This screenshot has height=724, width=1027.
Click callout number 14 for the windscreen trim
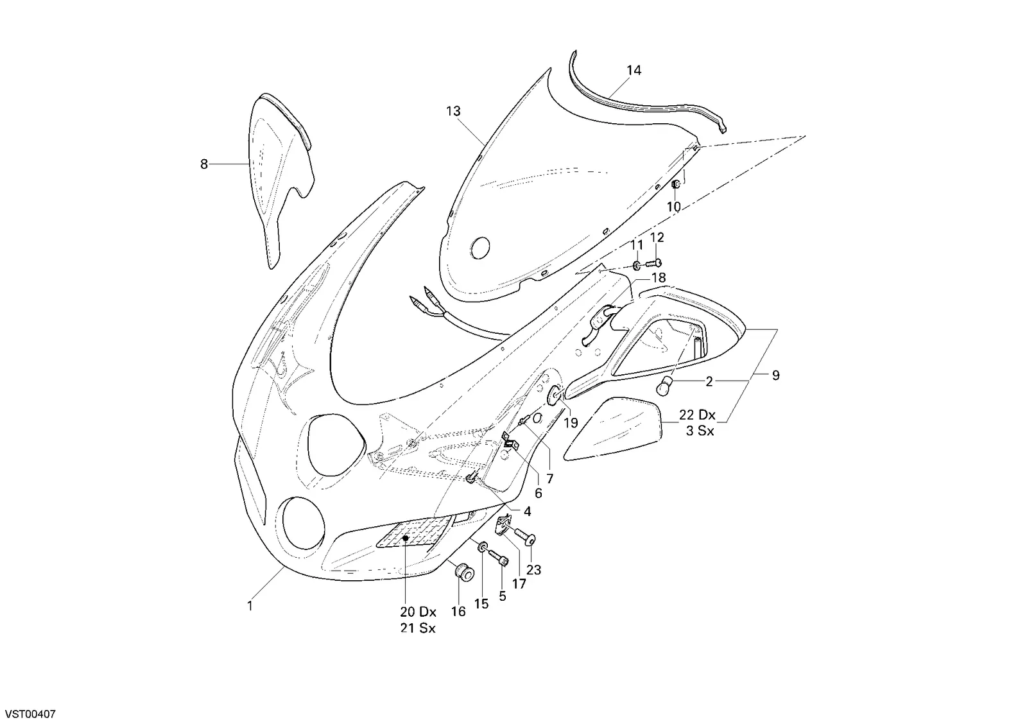click(x=634, y=71)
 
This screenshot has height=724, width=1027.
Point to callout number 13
click(x=453, y=112)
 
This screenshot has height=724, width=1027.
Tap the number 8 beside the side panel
click(x=204, y=164)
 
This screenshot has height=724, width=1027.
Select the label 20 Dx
click(x=418, y=612)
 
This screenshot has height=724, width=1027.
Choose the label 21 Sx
click(x=418, y=628)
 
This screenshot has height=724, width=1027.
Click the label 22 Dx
click(x=697, y=415)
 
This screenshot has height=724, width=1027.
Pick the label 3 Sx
click(x=700, y=431)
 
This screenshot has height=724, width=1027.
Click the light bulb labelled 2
click(x=665, y=386)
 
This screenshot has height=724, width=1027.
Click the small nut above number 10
click(x=676, y=184)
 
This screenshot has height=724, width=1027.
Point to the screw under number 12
click(x=654, y=263)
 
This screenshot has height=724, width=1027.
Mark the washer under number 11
click(x=637, y=265)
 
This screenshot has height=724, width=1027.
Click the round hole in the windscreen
click(x=480, y=248)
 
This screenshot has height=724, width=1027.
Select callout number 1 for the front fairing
click(x=250, y=606)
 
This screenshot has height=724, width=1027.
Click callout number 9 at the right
click(x=775, y=375)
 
